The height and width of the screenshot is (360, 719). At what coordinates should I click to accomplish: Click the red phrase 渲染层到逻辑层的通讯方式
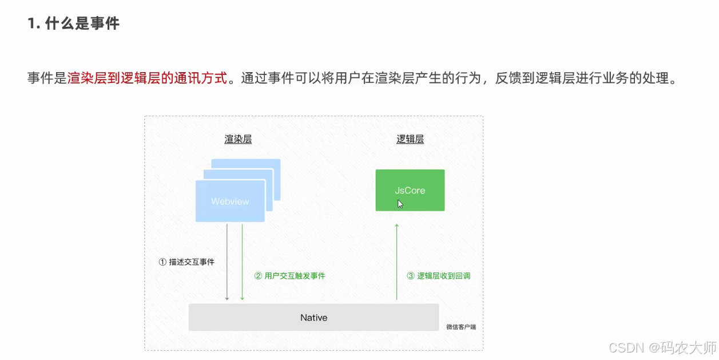(147, 78)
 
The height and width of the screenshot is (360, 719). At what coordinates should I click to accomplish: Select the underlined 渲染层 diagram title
(238, 139)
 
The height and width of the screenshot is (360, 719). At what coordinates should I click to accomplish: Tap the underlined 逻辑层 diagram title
(410, 139)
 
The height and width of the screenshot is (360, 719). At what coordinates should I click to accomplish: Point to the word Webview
(230, 201)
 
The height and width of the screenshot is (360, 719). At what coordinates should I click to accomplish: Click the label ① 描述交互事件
(186, 262)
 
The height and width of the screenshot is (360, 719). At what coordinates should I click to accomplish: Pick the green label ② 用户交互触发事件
(289, 275)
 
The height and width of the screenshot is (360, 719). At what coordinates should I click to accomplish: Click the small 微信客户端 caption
(461, 327)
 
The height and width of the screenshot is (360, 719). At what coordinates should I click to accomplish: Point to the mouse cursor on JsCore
(400, 203)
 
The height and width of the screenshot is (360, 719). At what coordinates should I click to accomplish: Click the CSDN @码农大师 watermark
(662, 347)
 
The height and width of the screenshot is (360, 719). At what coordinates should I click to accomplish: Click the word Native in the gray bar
(313, 317)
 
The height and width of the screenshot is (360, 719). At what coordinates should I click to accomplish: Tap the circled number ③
(411, 275)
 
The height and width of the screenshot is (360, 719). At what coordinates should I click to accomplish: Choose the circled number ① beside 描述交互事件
(162, 262)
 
